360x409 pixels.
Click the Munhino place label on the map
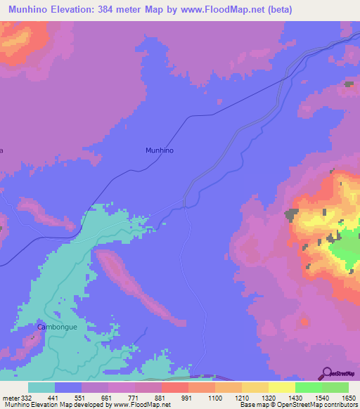(x=159, y=150)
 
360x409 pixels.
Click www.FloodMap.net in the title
(x=226, y=10)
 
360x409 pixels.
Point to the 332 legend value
(x=27, y=397)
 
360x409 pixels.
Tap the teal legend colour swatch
(x=41, y=387)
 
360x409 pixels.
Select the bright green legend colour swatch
(x=308, y=387)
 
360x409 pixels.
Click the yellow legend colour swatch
(x=281, y=387)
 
